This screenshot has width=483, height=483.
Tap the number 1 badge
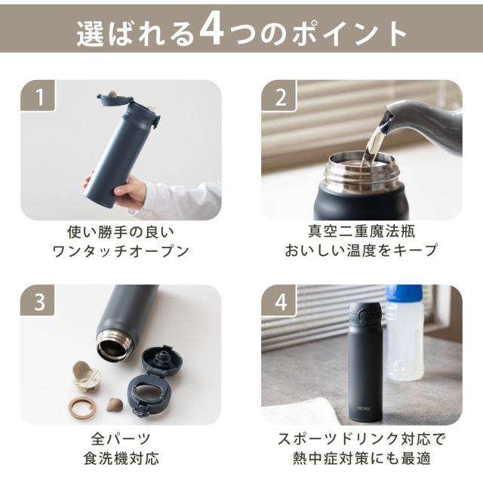(x=38, y=96)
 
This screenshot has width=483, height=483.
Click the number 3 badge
(x=38, y=300)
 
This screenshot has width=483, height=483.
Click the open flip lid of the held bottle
(x=115, y=99)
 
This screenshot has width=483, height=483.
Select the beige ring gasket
(x=82, y=408)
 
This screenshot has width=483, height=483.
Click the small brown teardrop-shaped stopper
(x=115, y=405)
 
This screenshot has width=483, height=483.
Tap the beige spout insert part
(x=86, y=376)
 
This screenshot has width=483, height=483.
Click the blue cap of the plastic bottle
(x=404, y=294)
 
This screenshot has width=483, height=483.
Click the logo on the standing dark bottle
(x=364, y=408)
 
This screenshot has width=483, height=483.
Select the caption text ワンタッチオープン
(x=121, y=251)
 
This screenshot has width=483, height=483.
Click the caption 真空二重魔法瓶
(x=361, y=231)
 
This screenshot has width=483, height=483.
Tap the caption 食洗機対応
(x=122, y=458)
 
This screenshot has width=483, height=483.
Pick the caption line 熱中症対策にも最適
(x=361, y=458)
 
